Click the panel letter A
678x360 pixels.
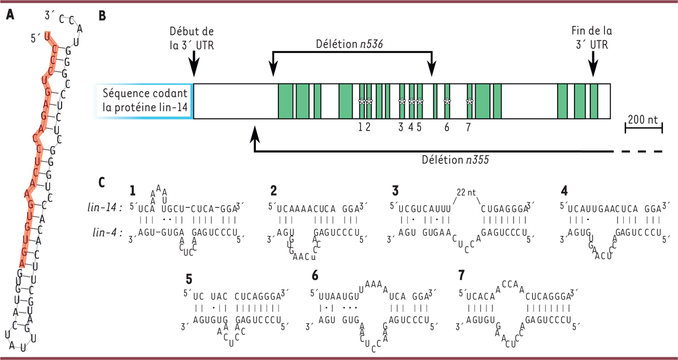tap(10, 16)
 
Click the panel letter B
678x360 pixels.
tap(102, 16)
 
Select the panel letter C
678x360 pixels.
tap(102, 183)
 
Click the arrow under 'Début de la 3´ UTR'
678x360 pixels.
tap(193, 63)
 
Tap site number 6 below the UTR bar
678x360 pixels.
tap(446, 127)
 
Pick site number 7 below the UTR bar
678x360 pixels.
tap(468, 127)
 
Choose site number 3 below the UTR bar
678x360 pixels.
tap(401, 127)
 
